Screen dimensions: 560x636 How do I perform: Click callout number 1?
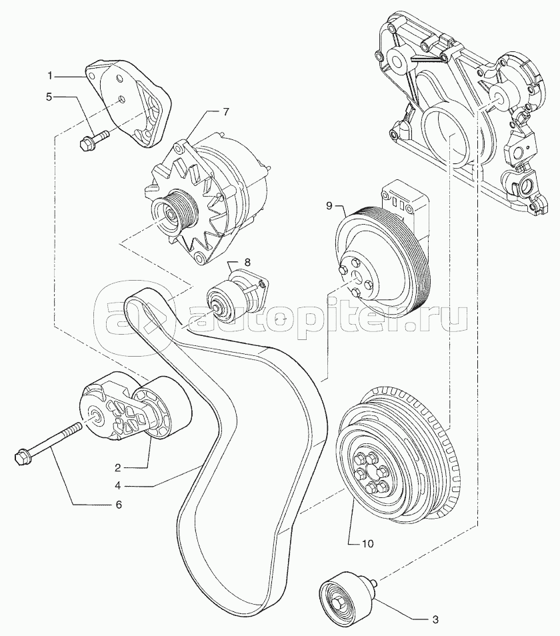[50, 76]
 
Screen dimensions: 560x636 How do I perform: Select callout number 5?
[49, 97]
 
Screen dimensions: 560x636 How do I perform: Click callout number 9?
[329, 206]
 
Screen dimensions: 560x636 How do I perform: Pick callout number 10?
[368, 543]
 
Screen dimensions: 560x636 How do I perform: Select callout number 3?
[435, 619]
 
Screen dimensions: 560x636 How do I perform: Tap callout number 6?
[119, 504]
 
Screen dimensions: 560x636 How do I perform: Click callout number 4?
[118, 485]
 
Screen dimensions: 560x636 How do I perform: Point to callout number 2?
[118, 468]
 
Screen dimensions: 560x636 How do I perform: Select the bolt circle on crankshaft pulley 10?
[371, 473]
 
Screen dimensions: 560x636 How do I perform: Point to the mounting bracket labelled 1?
[130, 103]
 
